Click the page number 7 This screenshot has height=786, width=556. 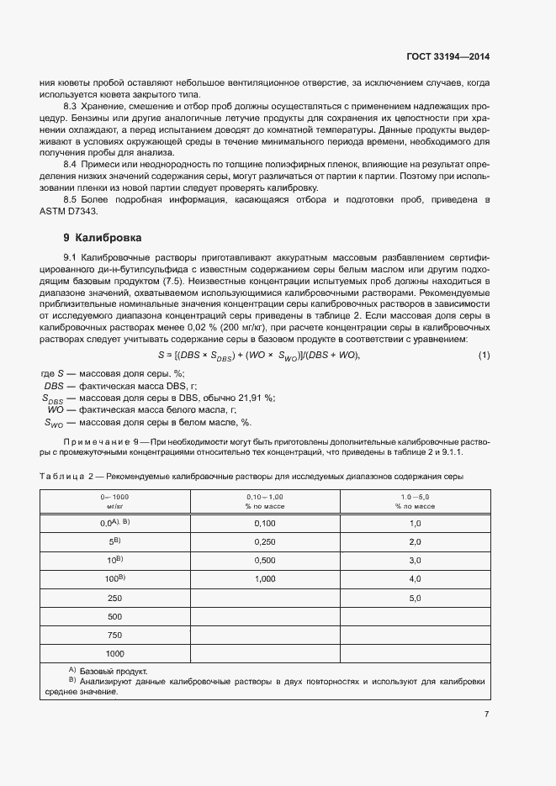click(486, 715)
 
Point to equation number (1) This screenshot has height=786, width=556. click(484, 356)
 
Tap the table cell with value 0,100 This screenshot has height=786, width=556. click(265, 523)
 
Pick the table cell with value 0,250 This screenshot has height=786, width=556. click(265, 541)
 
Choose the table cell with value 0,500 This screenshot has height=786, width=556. click(265, 560)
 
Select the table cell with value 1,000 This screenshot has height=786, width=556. click(265, 578)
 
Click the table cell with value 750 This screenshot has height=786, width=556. click(115, 635)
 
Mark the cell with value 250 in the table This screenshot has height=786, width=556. click(115, 598)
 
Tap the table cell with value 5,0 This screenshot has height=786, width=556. click(414, 598)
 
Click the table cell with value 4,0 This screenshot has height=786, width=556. click(414, 578)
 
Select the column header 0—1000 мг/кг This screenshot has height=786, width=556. click(115, 503)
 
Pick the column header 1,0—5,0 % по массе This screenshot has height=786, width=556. click(414, 503)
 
